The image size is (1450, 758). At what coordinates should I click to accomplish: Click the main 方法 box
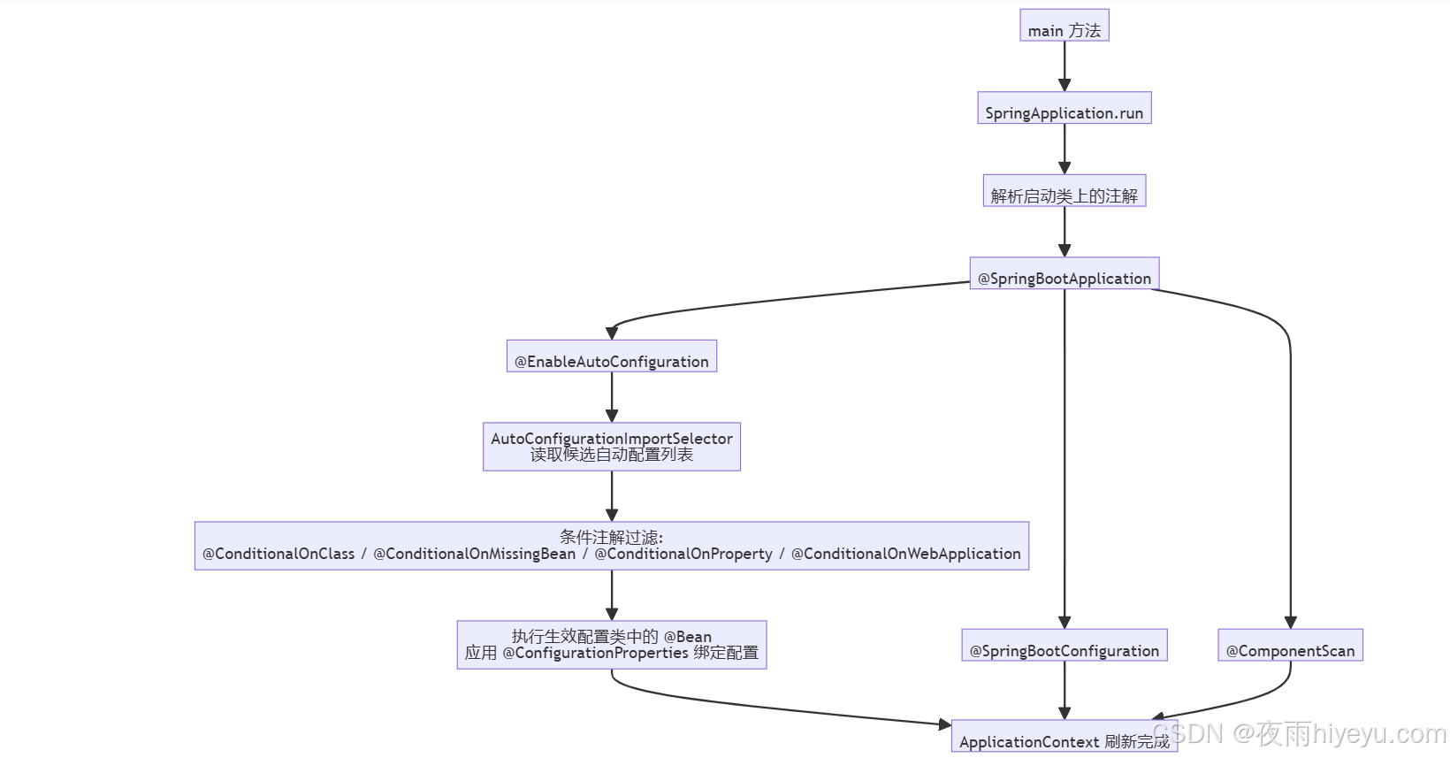[1064, 26]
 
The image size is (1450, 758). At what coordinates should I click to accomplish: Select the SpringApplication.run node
[1064, 108]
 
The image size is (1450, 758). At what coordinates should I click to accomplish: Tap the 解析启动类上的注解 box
[1064, 191]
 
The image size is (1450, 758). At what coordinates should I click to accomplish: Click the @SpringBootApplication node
[1064, 274]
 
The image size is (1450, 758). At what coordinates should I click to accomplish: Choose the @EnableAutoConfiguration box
[611, 356]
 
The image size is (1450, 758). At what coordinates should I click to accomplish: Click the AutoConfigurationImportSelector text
[611, 439]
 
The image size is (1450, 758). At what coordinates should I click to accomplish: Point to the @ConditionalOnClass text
[279, 554]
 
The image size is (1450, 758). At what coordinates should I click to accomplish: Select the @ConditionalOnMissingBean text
[474, 554]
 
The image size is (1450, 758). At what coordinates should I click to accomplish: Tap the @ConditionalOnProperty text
[683, 554]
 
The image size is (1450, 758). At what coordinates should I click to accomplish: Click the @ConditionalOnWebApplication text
[905, 554]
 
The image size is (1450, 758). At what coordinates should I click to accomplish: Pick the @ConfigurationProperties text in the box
[595, 653]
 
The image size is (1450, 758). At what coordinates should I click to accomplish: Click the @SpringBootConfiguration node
[1064, 646]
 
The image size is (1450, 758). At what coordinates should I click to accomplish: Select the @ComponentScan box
[1290, 646]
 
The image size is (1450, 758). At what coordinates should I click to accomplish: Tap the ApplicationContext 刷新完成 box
[1064, 738]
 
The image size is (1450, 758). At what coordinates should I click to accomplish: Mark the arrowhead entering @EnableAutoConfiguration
[611, 333]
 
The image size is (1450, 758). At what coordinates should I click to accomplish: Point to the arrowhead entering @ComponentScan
[1290, 623]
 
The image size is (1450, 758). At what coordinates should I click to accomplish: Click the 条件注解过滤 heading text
[611, 537]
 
